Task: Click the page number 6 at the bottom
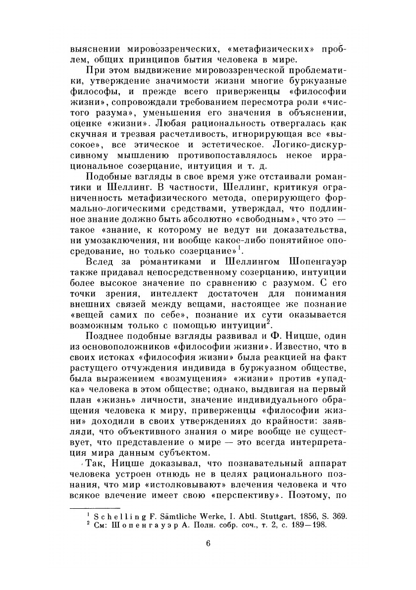[x=208, y=543]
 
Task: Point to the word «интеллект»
[x=169, y=290]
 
